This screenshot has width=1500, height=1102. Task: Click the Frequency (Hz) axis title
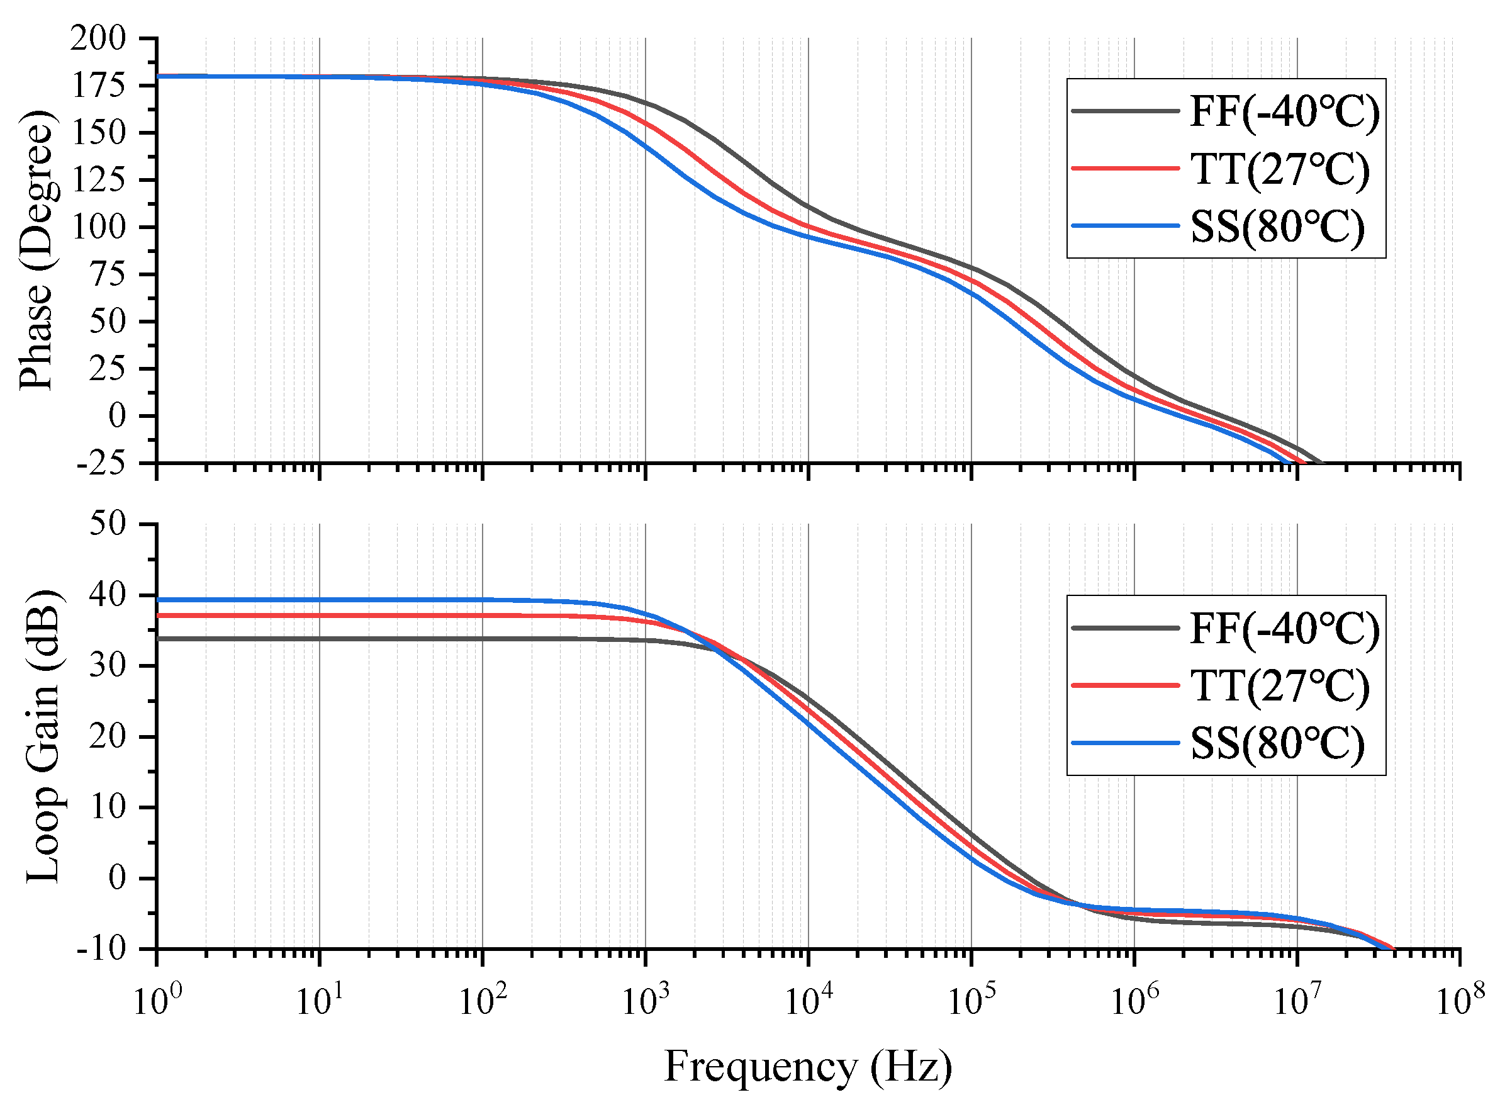(809, 1066)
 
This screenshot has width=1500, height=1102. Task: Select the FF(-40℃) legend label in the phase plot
(1284, 111)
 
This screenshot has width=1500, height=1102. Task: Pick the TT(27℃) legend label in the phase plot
(1279, 169)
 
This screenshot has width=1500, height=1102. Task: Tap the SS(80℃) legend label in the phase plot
(1277, 227)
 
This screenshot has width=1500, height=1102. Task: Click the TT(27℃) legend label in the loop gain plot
(1279, 686)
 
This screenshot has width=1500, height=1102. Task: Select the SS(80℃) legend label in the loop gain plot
(1277, 743)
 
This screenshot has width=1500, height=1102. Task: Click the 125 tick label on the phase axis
(98, 180)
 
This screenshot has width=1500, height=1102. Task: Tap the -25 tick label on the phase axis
(100, 464)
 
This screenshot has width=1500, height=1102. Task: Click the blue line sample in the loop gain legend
(1124, 743)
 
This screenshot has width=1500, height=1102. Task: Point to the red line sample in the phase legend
(1124, 169)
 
